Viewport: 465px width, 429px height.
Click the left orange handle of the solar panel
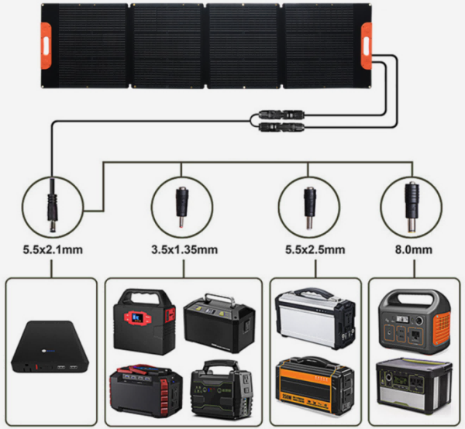(46, 46)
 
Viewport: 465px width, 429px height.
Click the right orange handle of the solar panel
(367, 45)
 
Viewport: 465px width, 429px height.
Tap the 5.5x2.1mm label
(53, 250)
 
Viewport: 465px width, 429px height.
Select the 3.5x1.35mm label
(184, 250)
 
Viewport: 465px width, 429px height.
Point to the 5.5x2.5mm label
(315, 250)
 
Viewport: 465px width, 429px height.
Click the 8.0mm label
(413, 250)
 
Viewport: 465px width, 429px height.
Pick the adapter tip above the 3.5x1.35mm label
(182, 207)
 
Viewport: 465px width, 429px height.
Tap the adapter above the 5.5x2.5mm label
(309, 208)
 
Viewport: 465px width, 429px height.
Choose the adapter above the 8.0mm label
(412, 207)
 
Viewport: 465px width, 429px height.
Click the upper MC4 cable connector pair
(281, 115)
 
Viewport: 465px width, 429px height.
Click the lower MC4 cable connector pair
(281, 127)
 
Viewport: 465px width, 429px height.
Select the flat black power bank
(50, 347)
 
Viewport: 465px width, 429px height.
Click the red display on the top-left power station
(137, 318)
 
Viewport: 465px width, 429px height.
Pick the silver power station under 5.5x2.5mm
(315, 317)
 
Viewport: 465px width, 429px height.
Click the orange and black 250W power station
(315, 384)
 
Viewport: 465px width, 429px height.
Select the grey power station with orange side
(415, 322)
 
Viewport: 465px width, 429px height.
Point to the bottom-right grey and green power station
(415, 385)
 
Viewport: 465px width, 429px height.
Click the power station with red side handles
(146, 390)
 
